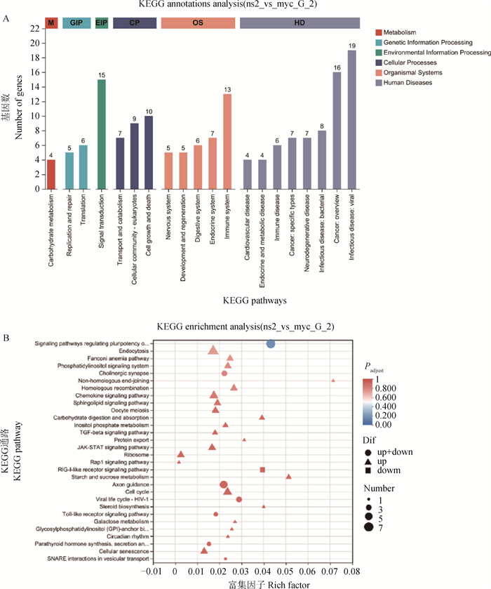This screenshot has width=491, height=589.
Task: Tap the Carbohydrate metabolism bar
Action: point(51,171)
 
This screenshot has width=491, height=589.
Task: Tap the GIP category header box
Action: point(76,23)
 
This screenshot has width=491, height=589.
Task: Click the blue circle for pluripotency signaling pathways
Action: point(271,343)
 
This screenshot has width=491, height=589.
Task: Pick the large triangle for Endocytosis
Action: point(214,350)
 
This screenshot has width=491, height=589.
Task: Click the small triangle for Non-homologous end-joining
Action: point(333,380)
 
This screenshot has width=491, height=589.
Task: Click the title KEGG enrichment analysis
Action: point(246,327)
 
